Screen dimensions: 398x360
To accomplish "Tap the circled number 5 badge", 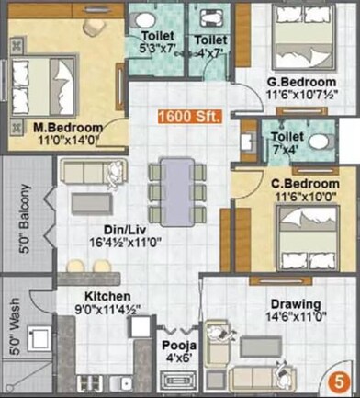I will [x=340, y=380].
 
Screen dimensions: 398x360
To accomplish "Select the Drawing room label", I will [x=295, y=304].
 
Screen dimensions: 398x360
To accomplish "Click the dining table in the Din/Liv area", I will [x=174, y=183].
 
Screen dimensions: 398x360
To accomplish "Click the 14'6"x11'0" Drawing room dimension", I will [x=295, y=317].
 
